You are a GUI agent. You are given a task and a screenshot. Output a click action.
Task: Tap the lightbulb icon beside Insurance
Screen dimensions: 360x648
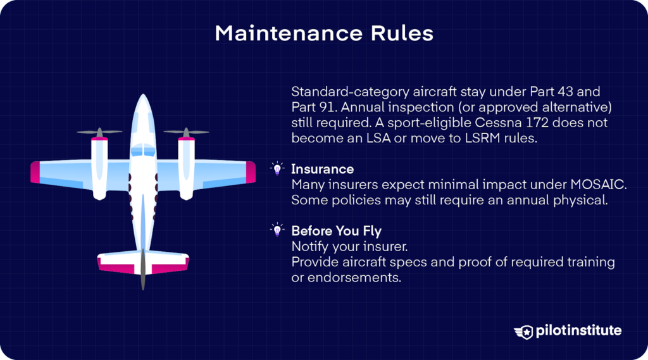pos(277,169)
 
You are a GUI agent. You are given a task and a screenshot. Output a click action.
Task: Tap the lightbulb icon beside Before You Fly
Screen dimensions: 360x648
pos(277,230)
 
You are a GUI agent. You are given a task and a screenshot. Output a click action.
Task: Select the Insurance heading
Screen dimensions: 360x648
pos(322,169)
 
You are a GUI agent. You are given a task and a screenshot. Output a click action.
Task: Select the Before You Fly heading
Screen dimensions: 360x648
pos(336,231)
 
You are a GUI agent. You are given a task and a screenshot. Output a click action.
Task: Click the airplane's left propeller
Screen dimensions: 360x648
pos(99,133)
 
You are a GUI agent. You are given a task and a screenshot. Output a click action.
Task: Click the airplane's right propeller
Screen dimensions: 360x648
pos(186,133)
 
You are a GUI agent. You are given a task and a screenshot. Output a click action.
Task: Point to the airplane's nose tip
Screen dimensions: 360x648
pos(144,97)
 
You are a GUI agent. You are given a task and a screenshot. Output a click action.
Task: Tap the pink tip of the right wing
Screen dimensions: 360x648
pos(250,173)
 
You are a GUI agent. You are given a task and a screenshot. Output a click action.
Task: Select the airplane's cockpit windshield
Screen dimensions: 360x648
pos(143,150)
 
